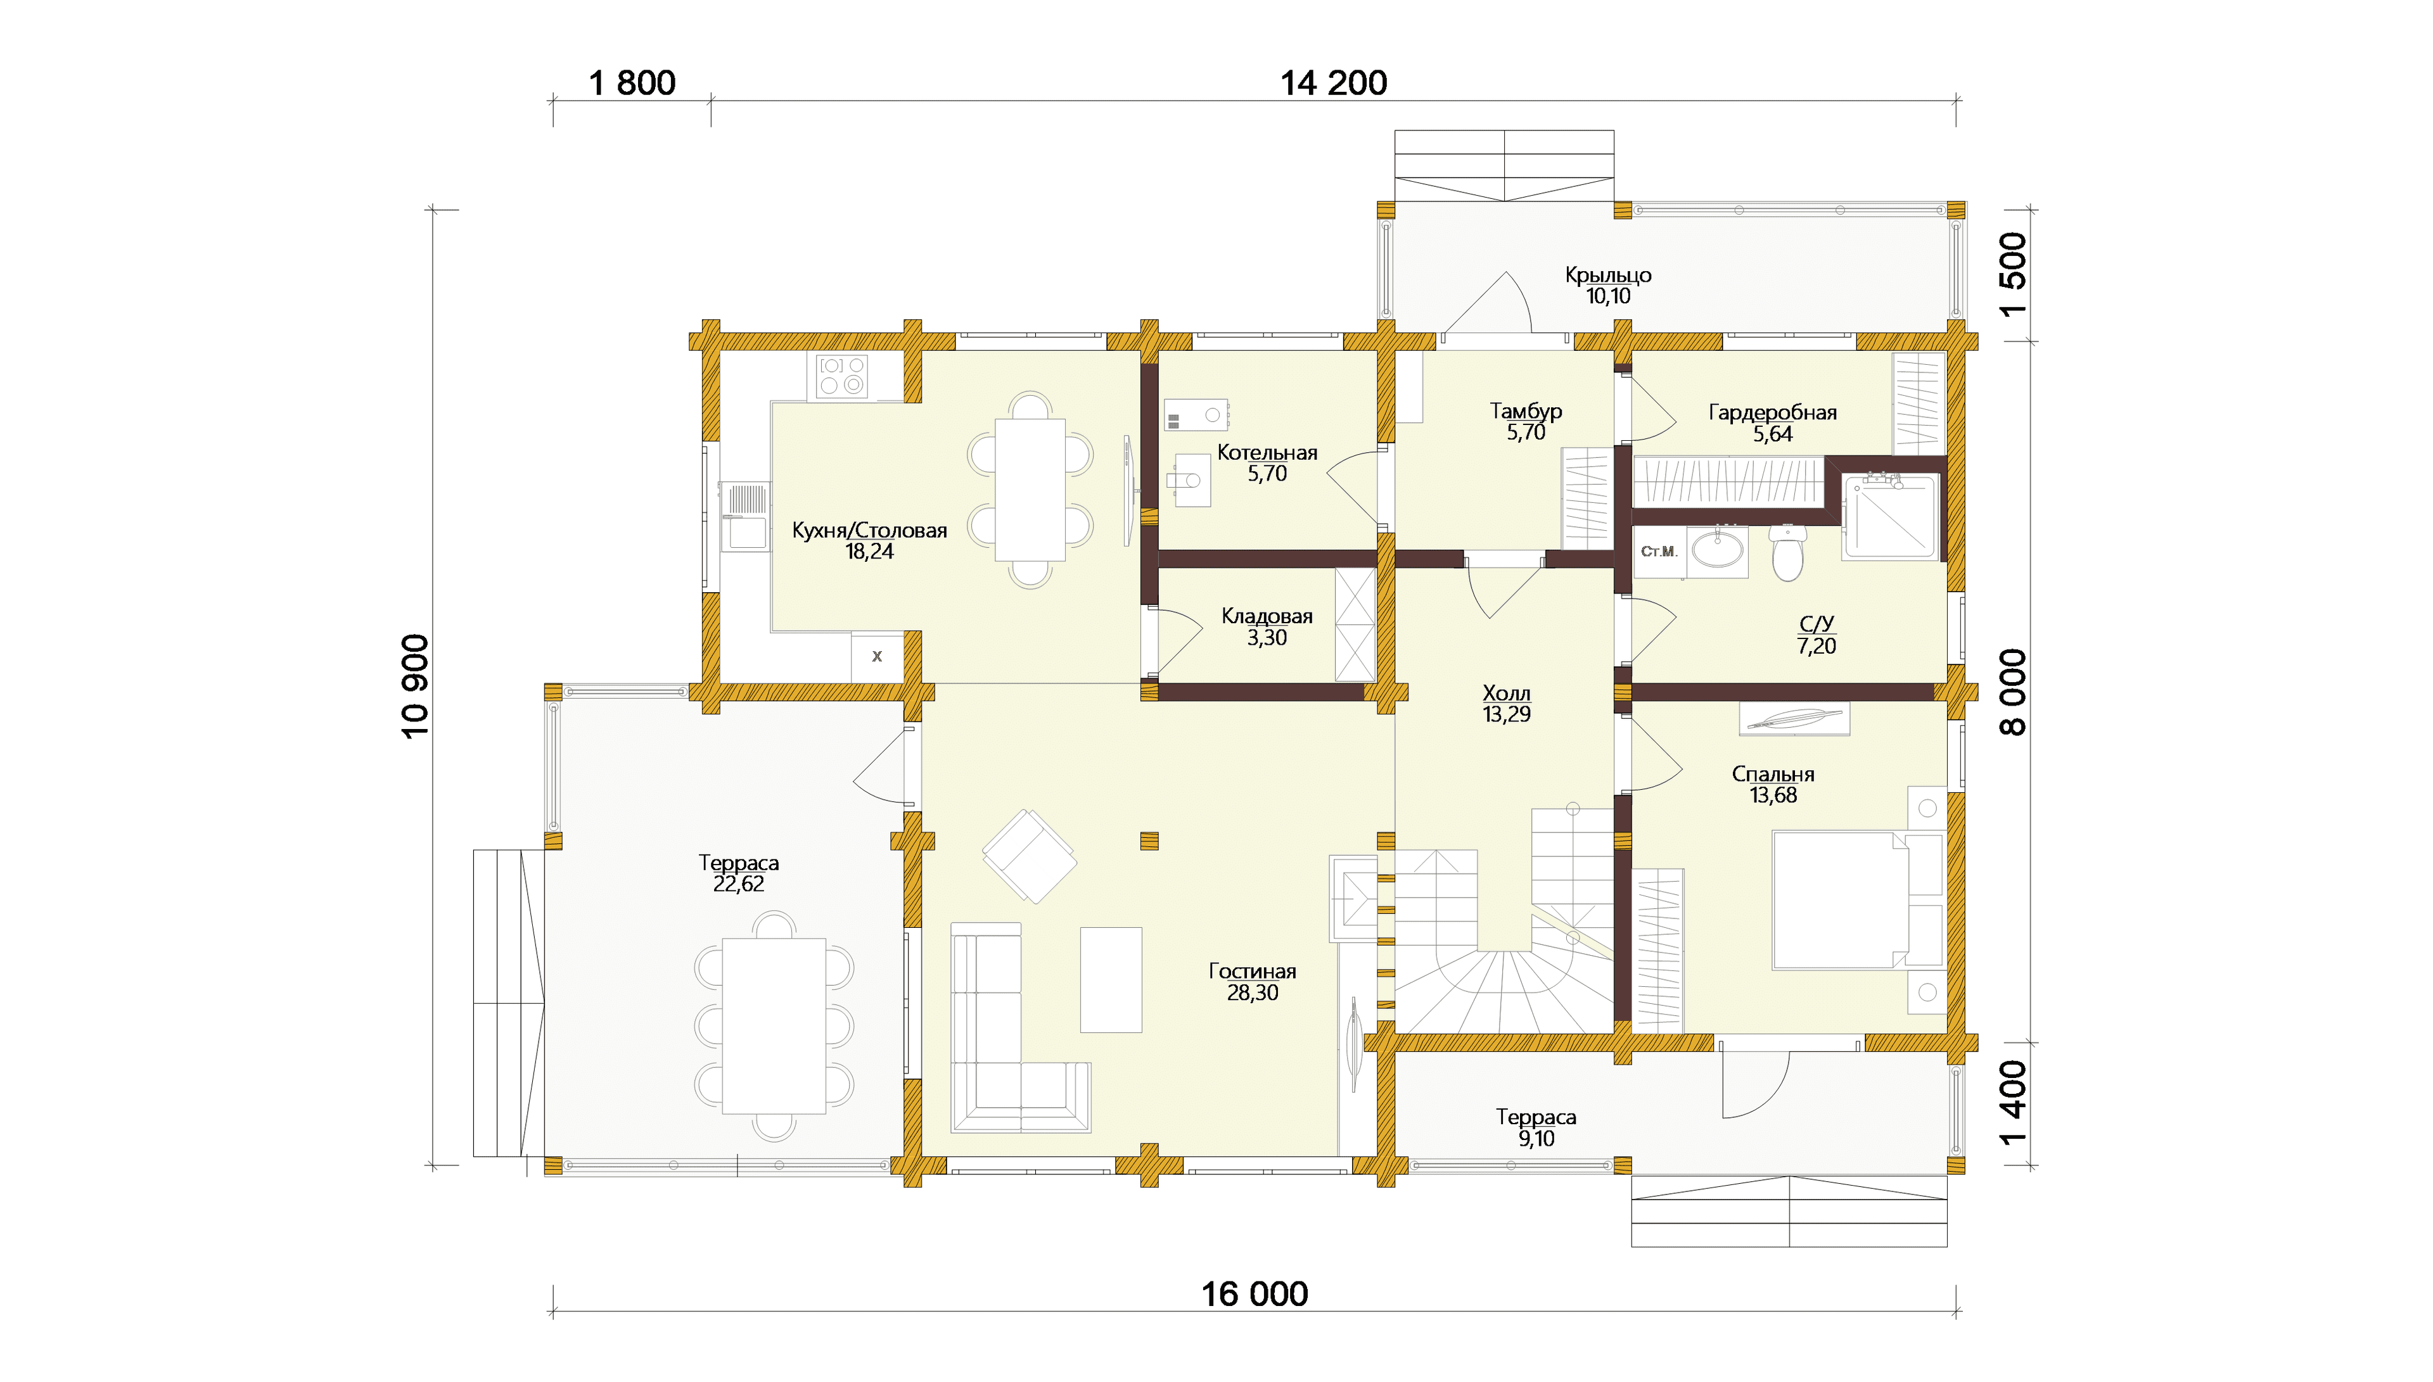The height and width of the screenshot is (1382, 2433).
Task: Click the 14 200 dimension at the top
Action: point(1334,84)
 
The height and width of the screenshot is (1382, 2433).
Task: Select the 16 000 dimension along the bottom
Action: point(1255,1294)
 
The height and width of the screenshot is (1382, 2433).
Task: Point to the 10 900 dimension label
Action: point(416,687)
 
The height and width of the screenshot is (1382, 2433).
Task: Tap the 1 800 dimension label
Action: point(632,84)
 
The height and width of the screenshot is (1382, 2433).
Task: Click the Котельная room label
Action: point(1267,453)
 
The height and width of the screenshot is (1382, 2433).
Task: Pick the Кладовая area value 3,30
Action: point(1267,638)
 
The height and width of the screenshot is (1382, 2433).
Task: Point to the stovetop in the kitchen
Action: point(843,376)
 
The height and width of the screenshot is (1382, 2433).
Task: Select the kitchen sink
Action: point(745,517)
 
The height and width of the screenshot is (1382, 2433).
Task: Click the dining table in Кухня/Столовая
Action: point(1030,490)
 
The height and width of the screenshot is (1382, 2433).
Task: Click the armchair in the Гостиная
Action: point(1029,856)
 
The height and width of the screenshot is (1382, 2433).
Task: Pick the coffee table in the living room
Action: point(1111,980)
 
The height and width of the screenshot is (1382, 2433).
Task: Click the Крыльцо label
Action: point(1608,276)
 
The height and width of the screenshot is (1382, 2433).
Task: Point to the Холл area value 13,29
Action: point(1507,714)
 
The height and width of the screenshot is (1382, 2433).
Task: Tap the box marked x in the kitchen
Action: point(877,656)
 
